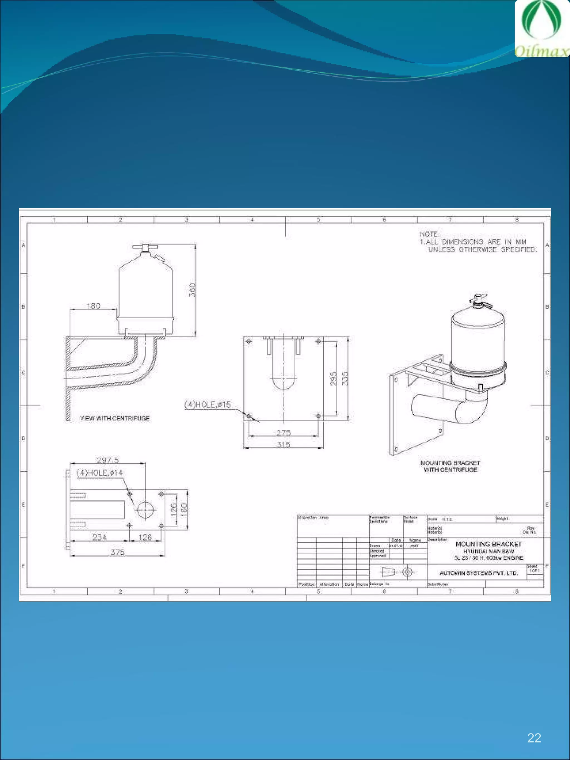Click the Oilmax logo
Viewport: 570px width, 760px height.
coord(542,29)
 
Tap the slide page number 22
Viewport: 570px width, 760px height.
coord(534,738)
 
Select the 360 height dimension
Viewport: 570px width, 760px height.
coord(192,290)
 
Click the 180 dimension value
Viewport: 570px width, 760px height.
coord(94,306)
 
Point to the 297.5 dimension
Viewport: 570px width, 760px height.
coord(107,460)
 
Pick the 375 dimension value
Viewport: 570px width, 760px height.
coord(117,552)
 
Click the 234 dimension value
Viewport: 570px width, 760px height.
coord(99,537)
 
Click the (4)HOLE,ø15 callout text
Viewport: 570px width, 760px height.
coord(208,404)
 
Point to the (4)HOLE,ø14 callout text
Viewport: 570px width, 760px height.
coord(100,473)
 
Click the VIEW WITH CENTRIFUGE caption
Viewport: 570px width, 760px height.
coord(115,418)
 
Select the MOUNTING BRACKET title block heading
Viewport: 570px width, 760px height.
coord(488,544)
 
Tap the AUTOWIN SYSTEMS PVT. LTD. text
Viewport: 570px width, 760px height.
coord(479,573)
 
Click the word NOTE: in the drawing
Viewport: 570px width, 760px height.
coord(429,234)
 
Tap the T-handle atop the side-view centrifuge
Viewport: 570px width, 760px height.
coord(145,247)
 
